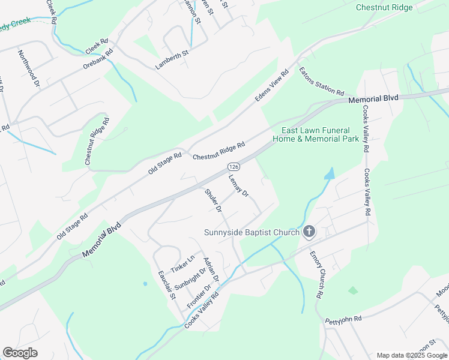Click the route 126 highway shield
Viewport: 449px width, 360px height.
coord(232,166)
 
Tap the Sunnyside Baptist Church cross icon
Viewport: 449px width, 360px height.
coord(309,232)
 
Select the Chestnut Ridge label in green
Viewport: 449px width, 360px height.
coord(384,8)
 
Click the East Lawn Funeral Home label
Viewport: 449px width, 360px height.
coord(321,134)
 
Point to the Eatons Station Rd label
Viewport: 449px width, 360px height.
coord(321,82)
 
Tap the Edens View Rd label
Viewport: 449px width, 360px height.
coord(272,85)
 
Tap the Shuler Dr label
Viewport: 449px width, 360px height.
coord(213,201)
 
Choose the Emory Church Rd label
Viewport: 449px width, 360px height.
coord(316,275)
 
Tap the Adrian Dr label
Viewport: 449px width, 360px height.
coord(211,270)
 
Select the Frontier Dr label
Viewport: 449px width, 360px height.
coord(199,296)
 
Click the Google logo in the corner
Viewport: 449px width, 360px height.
coord(20,353)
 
